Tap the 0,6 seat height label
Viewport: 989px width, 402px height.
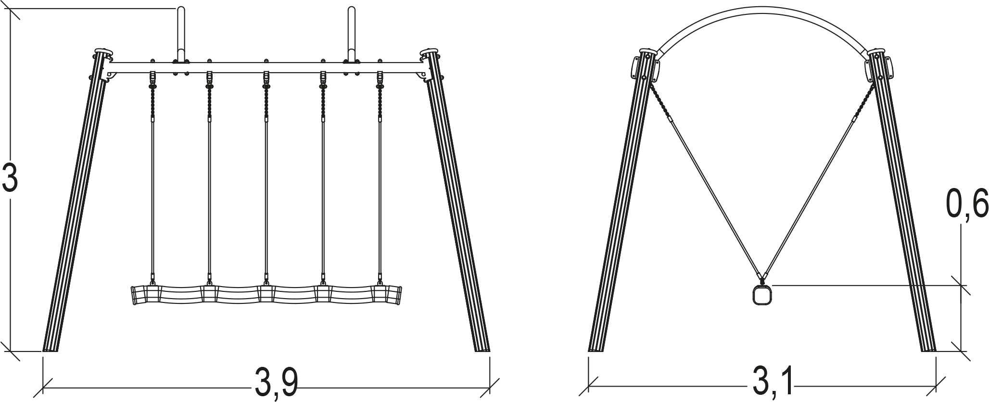click(x=967, y=204)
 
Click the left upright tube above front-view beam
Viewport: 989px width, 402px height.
click(x=181, y=34)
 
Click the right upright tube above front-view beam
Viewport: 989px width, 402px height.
click(x=352, y=34)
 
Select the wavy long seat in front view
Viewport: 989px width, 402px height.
click(x=266, y=294)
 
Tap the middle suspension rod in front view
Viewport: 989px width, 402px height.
click(x=266, y=178)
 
